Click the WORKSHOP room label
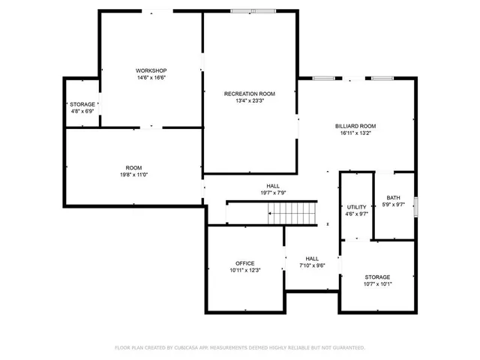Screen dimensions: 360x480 (151, 70)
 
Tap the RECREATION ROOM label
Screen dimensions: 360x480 (250, 94)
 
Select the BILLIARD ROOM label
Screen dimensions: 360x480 (355, 126)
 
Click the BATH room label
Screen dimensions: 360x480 (393, 197)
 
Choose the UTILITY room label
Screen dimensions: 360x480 (356, 207)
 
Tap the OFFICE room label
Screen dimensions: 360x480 (244, 263)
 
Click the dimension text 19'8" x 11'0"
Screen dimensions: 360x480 (133, 175)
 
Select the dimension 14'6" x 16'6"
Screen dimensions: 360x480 (151, 77)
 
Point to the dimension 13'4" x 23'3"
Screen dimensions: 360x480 (250, 101)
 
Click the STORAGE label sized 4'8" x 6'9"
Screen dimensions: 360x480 (82, 104)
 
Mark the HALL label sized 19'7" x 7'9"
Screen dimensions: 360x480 (273, 185)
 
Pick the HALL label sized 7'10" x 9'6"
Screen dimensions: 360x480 (312, 258)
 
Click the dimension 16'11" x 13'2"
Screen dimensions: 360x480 (355, 133)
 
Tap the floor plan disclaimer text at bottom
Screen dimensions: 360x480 (239, 347)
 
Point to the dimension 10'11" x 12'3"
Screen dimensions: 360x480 (244, 271)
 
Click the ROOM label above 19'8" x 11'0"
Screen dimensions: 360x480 (133, 167)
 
